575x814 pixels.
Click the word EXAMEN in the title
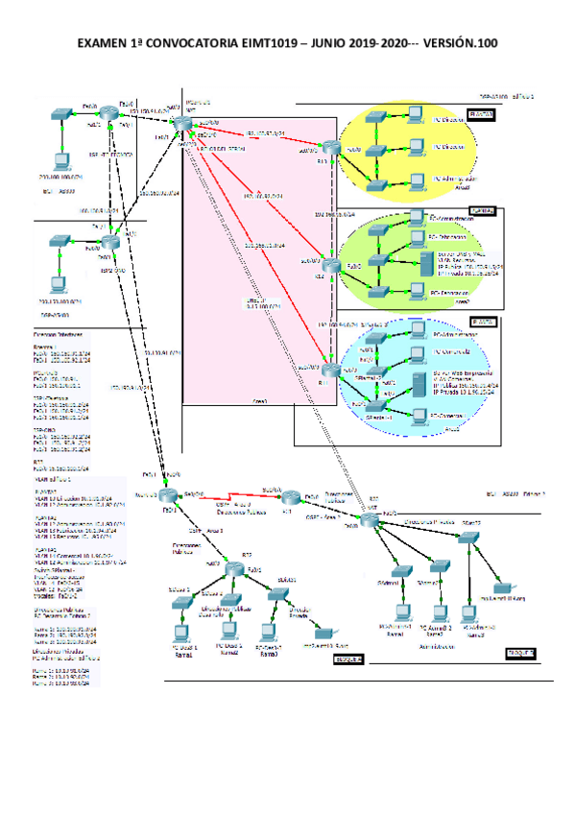[103, 44]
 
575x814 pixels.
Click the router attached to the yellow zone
[331, 148]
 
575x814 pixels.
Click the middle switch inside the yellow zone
[379, 149]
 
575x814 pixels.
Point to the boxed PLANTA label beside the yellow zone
[482, 115]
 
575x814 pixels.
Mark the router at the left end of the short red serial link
[169, 494]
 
